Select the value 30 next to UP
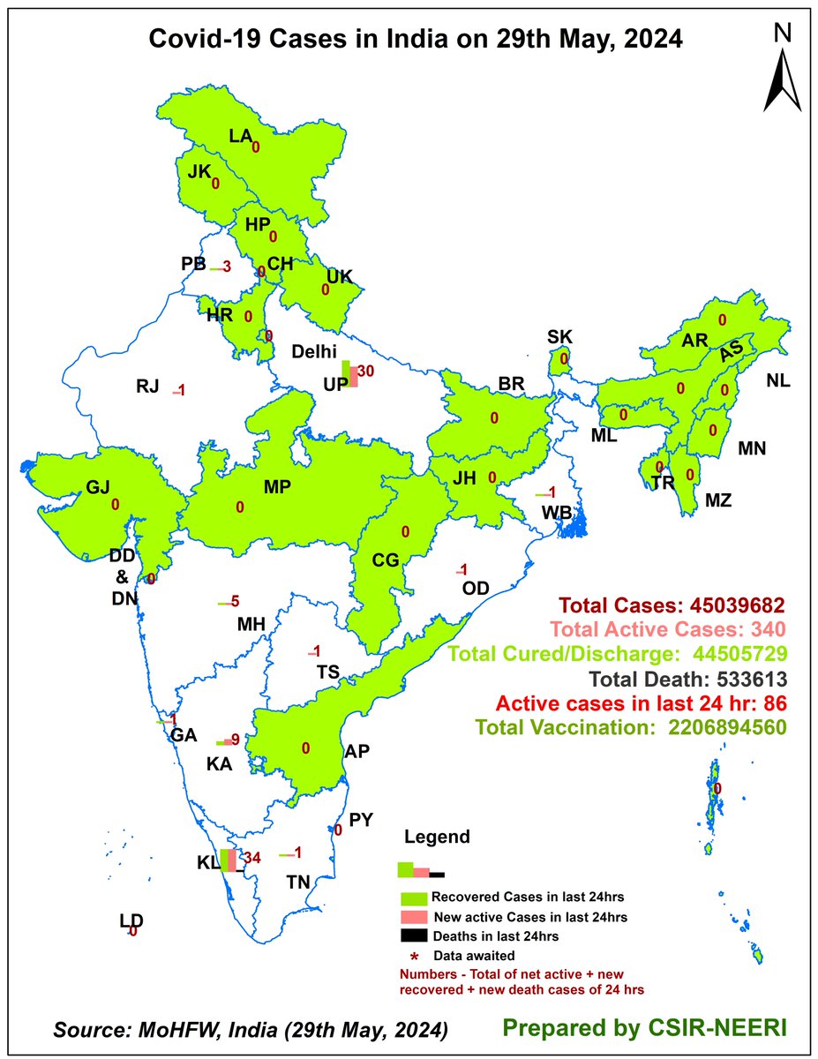click(x=367, y=372)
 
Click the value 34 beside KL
click(x=252, y=858)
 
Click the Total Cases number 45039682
click(x=739, y=605)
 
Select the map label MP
click(x=277, y=486)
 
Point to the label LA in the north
click(x=240, y=136)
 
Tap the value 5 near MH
click(x=235, y=602)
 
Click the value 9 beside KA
click(x=236, y=740)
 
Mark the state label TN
click(x=297, y=882)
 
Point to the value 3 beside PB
click(x=227, y=267)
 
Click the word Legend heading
click(x=437, y=837)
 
